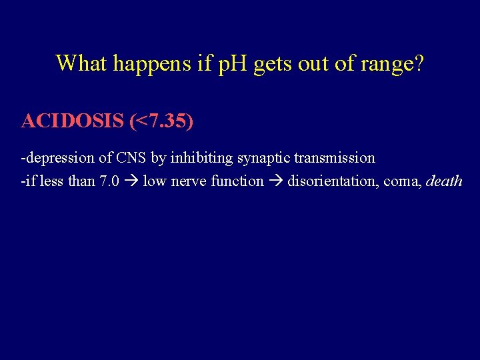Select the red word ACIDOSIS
pyautogui.click(x=73, y=121)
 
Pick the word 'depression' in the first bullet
pyautogui.click(x=56, y=158)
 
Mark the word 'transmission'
pyautogui.click(x=338, y=158)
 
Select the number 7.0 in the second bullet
pyautogui.click(x=109, y=181)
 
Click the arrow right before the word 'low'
pyautogui.click(x=131, y=181)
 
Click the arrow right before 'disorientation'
pyautogui.click(x=275, y=181)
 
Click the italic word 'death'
pyautogui.click(x=444, y=181)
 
